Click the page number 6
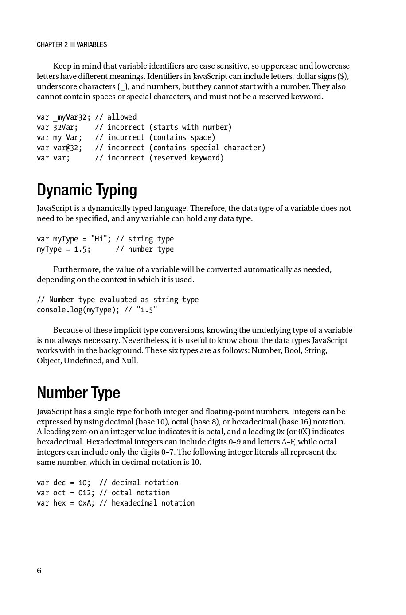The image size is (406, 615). coord(39,571)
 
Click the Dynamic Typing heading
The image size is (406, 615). coord(87,190)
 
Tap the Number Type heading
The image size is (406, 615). coord(78,393)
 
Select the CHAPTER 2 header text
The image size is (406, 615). coord(52,45)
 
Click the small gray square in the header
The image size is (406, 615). coord(72,45)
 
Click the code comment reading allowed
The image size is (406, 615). coord(122,117)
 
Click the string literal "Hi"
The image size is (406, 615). coord(99,239)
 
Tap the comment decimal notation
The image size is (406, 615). coord(145,483)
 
